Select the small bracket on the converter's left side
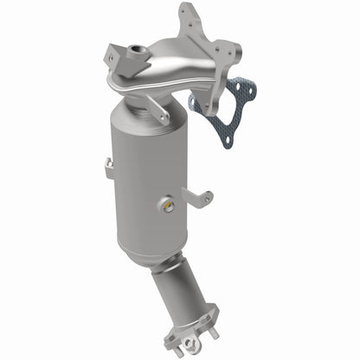(107, 167)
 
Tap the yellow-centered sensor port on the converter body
(166, 204)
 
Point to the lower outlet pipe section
(178, 294)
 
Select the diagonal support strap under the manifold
(155, 107)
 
